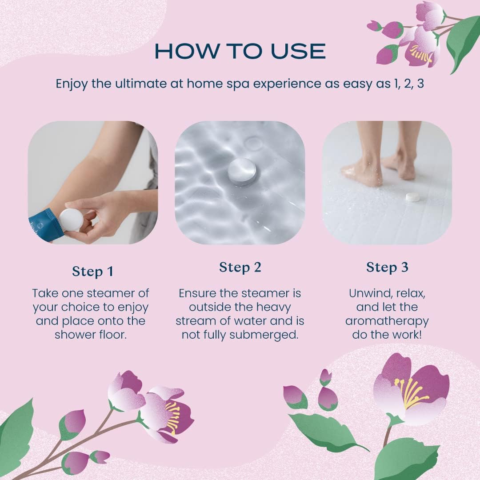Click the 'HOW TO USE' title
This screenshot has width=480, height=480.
point(240,51)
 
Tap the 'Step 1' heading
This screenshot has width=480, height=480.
point(92,271)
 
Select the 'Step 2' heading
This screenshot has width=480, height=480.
point(240,267)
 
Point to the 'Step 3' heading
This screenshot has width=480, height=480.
point(387,267)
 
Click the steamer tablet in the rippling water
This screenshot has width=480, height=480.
point(242,171)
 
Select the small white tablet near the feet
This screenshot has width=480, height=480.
point(413,197)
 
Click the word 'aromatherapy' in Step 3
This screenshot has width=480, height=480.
point(387,320)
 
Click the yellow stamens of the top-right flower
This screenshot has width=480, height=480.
point(421,54)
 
